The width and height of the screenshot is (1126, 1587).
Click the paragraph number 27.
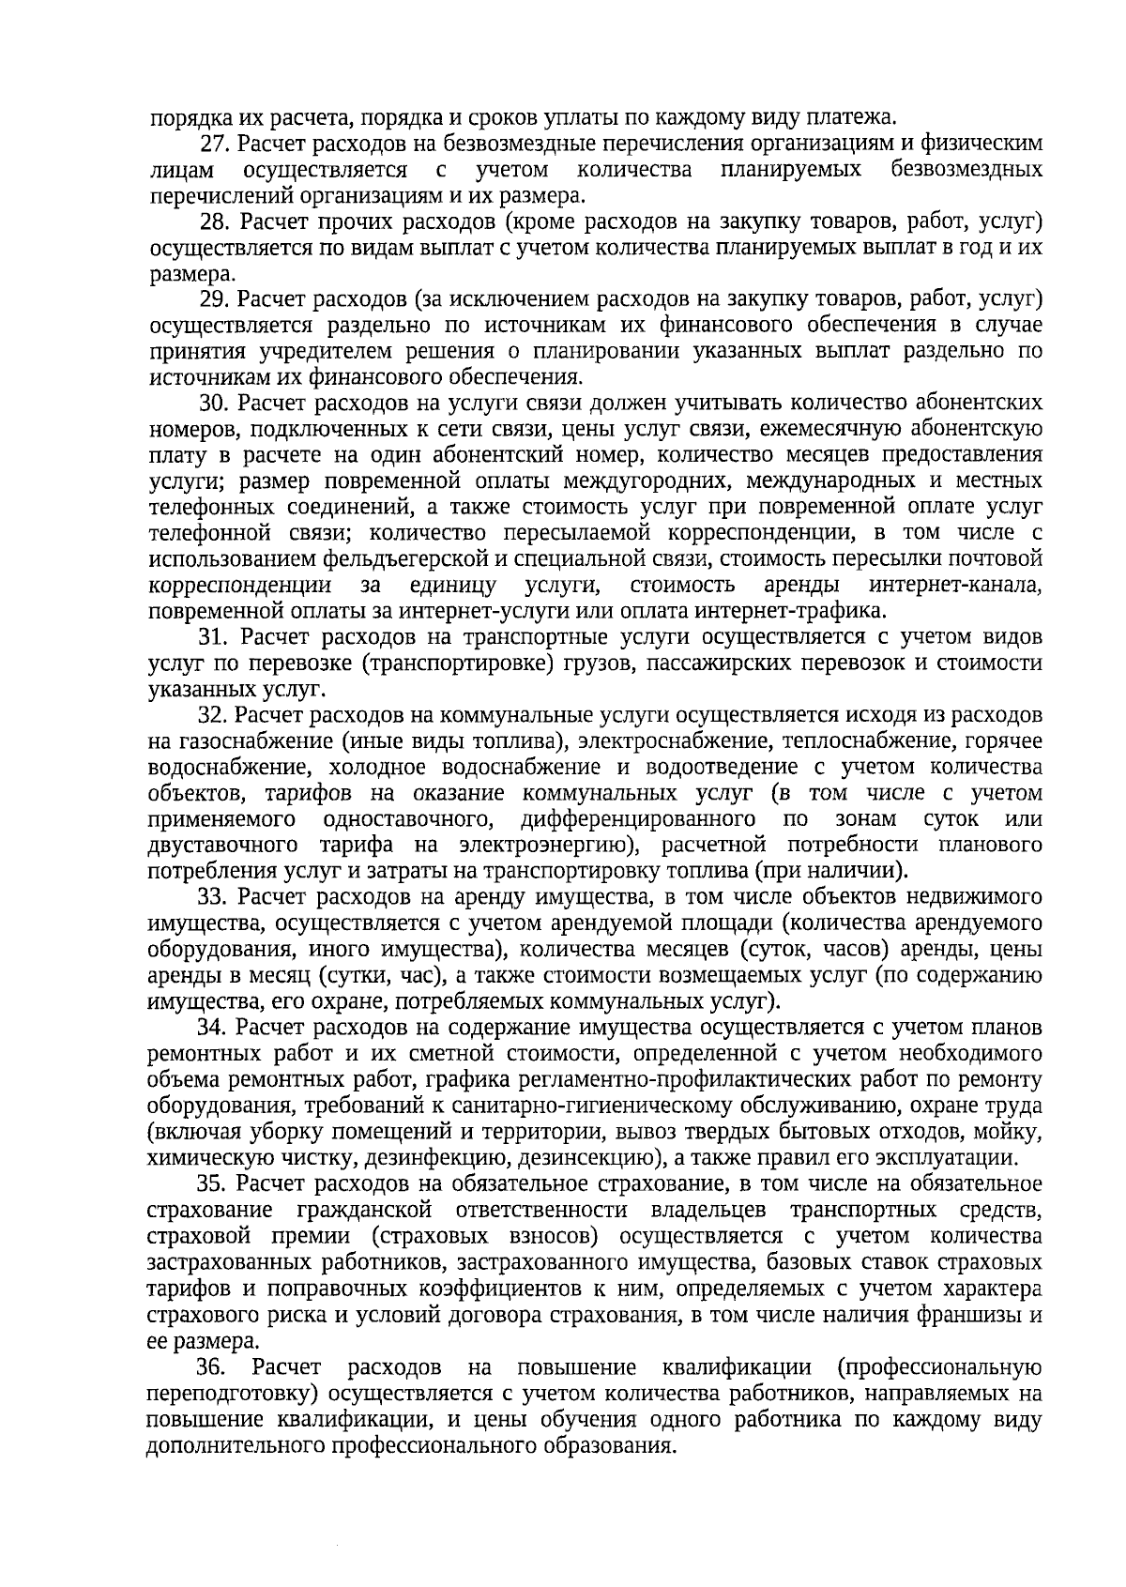coord(216,145)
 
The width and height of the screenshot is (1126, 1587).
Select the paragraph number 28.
coord(216,222)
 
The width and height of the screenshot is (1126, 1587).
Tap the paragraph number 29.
coord(216,299)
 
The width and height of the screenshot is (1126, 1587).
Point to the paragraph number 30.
coord(216,404)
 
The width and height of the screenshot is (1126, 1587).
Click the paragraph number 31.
coord(216,636)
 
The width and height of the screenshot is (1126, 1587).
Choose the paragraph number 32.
coord(216,715)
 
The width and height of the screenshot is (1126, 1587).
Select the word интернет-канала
coord(955,586)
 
